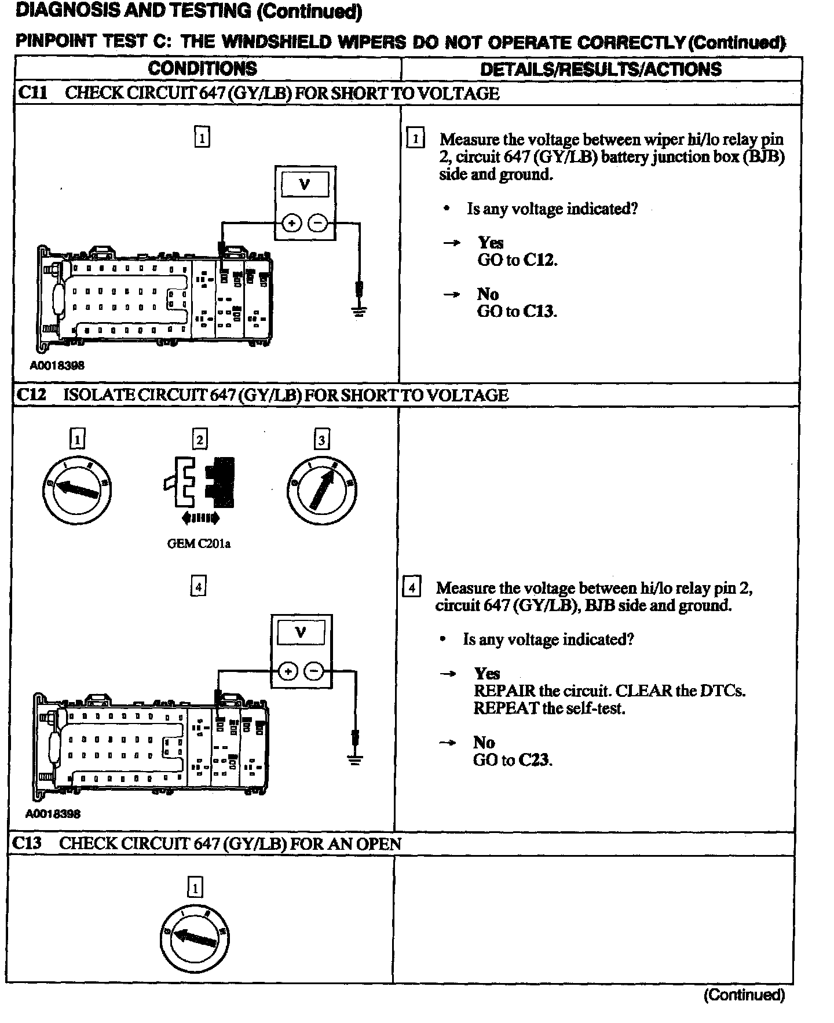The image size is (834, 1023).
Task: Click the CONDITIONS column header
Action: click(x=202, y=68)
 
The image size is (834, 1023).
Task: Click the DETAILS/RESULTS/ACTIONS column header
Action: click(x=601, y=70)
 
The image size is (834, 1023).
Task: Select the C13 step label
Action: click(x=27, y=843)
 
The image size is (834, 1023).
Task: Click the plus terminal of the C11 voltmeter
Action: click(x=292, y=223)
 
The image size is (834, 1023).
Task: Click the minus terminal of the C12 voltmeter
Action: click(x=314, y=671)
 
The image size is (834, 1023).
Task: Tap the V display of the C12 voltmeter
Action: click(x=301, y=633)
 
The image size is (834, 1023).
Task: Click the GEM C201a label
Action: click(x=199, y=544)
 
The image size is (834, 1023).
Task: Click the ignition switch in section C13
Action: click(x=195, y=938)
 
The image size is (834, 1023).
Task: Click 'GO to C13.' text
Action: click(x=517, y=312)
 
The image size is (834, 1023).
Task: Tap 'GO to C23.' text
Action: click(x=513, y=760)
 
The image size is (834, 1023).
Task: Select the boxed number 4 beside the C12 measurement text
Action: click(x=411, y=588)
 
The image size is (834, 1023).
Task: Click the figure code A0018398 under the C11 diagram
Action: click(x=57, y=366)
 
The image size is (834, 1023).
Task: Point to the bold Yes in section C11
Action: click(x=491, y=243)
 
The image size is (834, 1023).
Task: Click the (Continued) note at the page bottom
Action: click(x=744, y=995)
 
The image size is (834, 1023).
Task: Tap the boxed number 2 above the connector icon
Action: click(x=200, y=439)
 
